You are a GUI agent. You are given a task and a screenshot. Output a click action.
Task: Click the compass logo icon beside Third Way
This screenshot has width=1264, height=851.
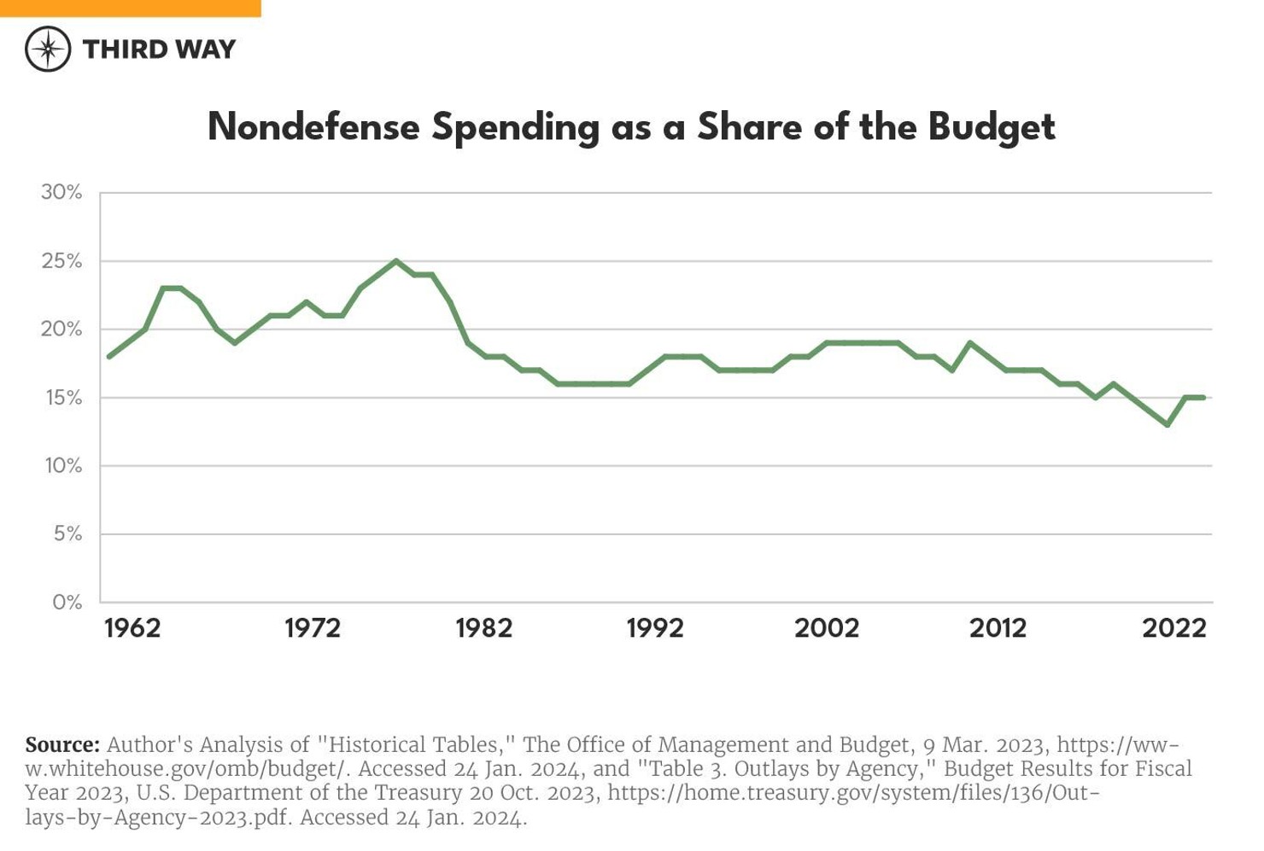[x=48, y=49]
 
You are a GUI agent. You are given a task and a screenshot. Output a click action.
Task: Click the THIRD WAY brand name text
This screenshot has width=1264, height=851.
[x=159, y=50]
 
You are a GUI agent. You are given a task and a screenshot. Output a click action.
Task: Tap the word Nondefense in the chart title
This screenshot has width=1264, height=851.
[x=313, y=127]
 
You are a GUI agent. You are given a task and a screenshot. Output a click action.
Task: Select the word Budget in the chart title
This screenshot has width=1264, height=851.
[x=992, y=127]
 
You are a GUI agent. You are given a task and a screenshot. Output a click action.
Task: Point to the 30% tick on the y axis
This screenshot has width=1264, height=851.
[x=61, y=193]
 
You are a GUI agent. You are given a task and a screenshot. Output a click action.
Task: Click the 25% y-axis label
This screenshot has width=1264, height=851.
[x=61, y=261]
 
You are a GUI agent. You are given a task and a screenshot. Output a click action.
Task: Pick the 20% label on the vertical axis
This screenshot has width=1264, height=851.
[x=61, y=329]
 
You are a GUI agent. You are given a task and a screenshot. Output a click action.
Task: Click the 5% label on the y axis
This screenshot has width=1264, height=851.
[x=67, y=534]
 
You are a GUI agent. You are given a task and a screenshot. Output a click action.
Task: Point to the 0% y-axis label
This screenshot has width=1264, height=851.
[x=67, y=603]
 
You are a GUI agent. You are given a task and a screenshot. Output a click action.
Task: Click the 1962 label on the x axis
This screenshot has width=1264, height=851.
[x=132, y=629]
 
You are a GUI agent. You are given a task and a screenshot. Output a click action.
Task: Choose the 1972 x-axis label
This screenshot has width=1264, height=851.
[x=312, y=629]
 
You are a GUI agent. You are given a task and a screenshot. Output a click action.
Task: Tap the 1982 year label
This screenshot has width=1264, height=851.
[x=483, y=629]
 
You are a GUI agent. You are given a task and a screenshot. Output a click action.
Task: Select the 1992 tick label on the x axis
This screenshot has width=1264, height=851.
[x=655, y=629]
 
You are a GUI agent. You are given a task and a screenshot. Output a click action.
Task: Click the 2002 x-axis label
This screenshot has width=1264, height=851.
[x=827, y=629]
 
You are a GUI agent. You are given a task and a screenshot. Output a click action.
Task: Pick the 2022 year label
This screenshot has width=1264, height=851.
[x=1173, y=629]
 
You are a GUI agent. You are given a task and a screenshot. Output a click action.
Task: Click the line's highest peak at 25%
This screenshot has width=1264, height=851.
[x=395, y=261]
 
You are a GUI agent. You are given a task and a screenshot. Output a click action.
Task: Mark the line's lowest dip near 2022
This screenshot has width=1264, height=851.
[x=1167, y=424]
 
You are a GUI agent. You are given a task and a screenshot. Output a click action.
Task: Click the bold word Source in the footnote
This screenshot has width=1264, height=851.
[x=62, y=744]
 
